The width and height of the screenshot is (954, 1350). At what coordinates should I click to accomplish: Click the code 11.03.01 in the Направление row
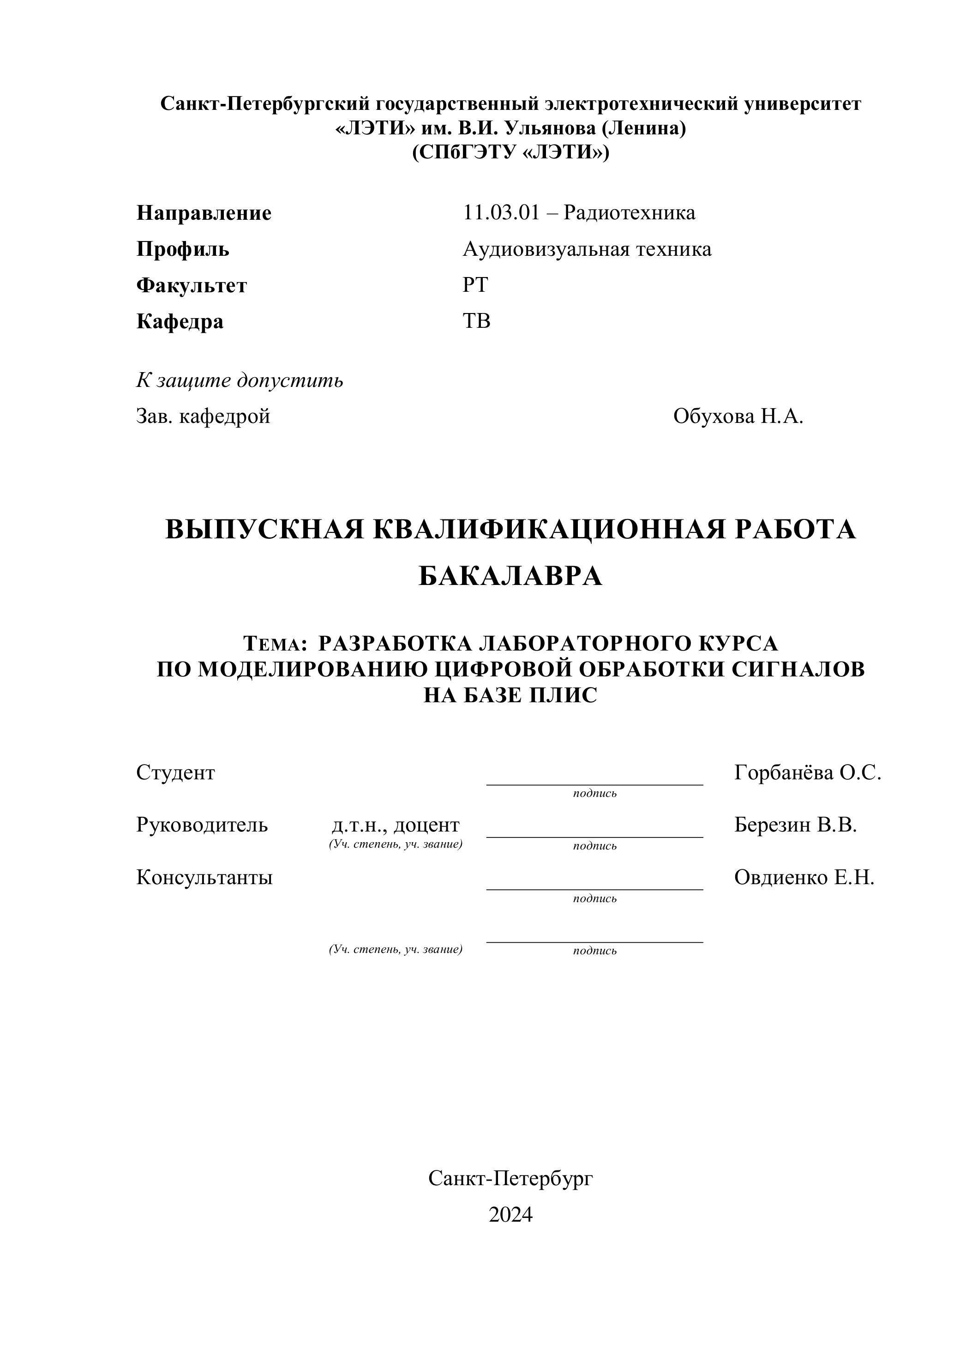point(501,213)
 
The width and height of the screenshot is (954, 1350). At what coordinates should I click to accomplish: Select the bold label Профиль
point(183,249)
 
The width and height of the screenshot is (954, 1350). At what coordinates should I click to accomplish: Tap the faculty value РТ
point(475,285)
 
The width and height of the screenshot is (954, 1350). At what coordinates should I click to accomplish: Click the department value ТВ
point(476,321)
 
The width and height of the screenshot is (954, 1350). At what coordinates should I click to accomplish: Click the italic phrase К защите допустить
point(240,380)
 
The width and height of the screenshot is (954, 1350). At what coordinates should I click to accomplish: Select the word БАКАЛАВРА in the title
point(510,576)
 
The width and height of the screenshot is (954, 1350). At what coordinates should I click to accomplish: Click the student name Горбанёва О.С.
point(807,772)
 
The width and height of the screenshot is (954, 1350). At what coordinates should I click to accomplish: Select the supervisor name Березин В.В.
point(795,825)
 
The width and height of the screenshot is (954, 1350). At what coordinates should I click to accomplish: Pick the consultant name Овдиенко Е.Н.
point(804,878)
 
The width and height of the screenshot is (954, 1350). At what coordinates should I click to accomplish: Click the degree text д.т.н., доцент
point(396,825)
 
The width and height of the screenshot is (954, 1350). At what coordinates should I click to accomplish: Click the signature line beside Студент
point(594,784)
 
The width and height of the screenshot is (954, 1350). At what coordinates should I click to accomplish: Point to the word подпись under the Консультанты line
point(595,898)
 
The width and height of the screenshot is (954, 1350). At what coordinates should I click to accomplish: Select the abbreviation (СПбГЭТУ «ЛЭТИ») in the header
point(510,152)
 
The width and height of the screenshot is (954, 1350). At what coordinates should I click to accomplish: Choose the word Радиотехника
point(629,213)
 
